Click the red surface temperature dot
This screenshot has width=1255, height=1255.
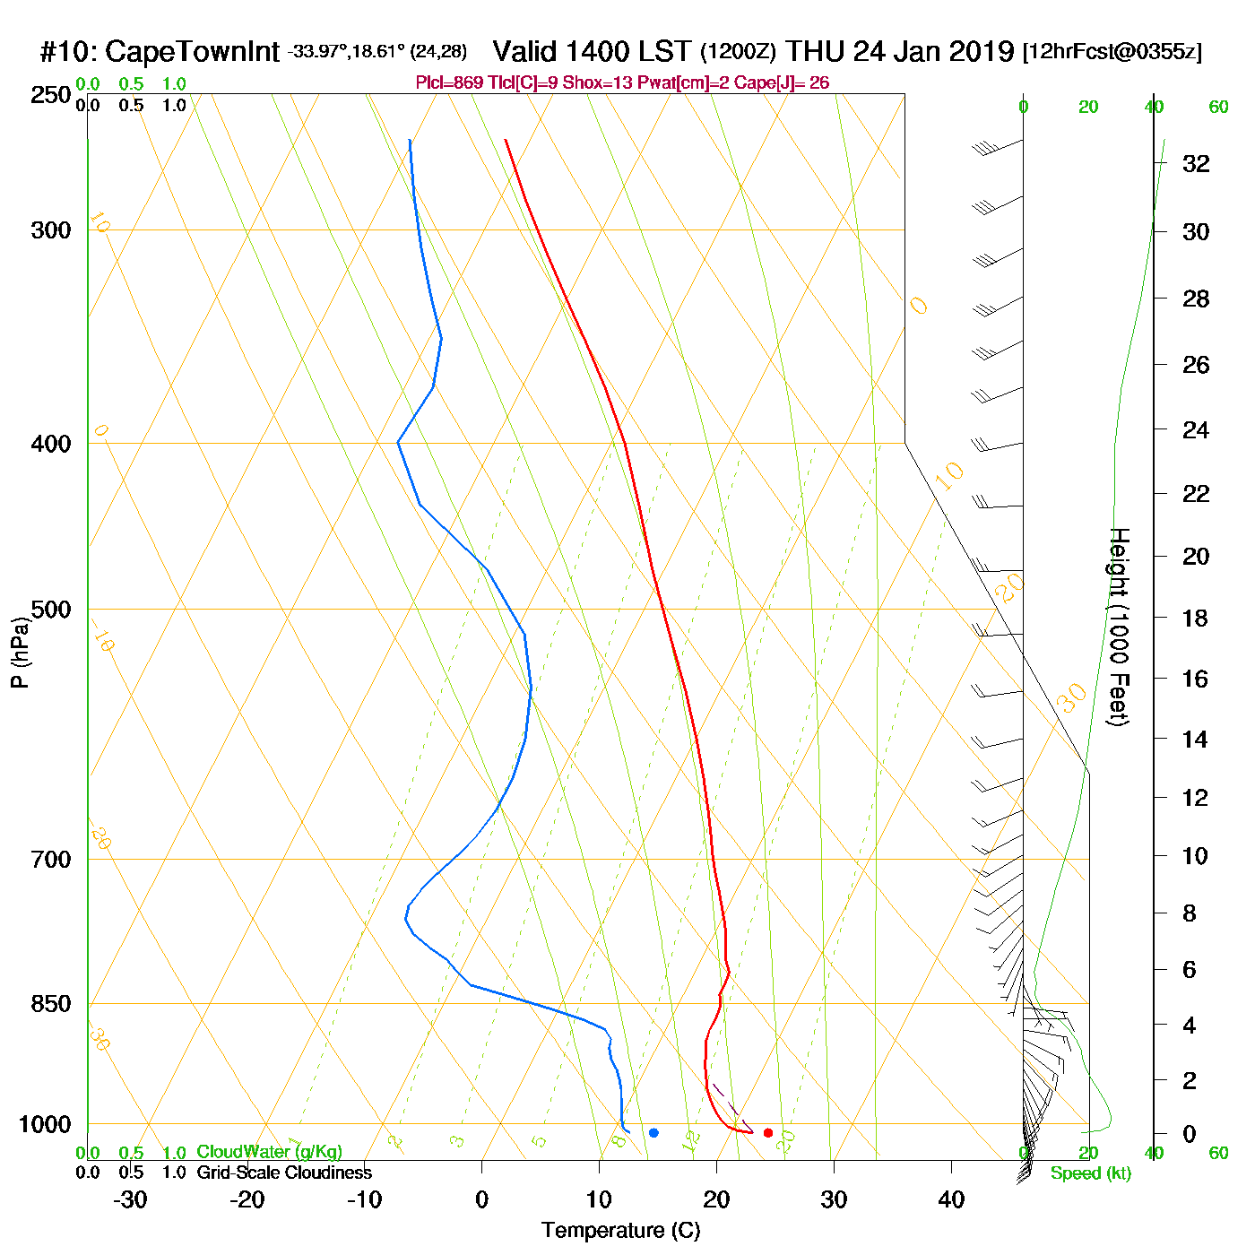click(768, 1133)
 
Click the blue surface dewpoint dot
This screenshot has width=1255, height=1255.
click(653, 1133)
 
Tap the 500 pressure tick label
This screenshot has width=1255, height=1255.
click(51, 610)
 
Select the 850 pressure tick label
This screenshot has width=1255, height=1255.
click(51, 1004)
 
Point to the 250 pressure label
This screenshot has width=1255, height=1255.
click(51, 95)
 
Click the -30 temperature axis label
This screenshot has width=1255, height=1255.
click(130, 1199)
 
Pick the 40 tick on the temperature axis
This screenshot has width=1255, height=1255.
click(951, 1199)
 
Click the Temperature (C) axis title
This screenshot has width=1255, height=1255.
click(620, 1231)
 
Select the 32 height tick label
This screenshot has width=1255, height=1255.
click(1196, 163)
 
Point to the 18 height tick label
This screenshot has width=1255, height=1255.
click(1196, 618)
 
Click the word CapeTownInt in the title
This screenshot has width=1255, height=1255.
click(193, 52)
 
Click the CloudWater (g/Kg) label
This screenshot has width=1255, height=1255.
click(269, 1152)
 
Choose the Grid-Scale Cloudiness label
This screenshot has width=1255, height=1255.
click(284, 1173)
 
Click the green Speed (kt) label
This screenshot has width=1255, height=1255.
click(1091, 1173)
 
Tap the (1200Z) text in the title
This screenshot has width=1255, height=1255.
click(738, 52)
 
